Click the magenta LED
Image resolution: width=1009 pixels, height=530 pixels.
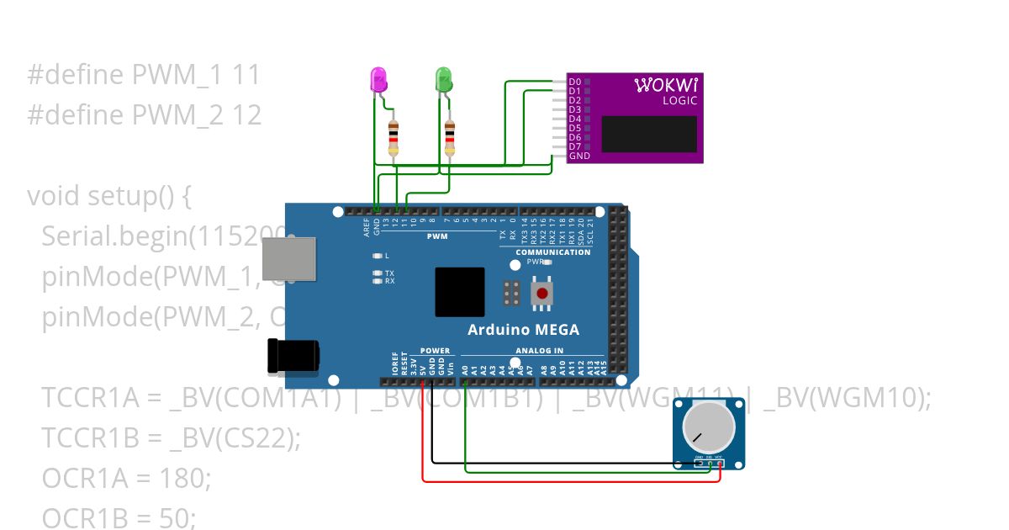click(379, 81)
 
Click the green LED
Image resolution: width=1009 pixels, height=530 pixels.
click(443, 81)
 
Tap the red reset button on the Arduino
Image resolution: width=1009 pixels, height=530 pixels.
click(543, 294)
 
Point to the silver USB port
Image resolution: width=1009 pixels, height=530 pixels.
click(289, 258)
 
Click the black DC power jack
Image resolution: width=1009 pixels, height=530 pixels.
click(292, 356)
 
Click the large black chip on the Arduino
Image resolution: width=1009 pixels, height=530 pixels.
click(459, 292)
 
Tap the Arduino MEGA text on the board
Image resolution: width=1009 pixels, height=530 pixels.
click(523, 330)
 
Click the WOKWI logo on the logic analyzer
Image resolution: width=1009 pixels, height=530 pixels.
click(665, 85)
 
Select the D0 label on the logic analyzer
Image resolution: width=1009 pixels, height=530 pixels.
click(574, 82)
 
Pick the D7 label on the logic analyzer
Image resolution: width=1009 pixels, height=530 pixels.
click(574, 146)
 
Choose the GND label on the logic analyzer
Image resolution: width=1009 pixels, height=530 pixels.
click(578, 156)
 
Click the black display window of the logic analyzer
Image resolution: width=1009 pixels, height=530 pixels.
click(649, 134)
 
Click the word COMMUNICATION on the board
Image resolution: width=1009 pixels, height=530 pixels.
click(552, 252)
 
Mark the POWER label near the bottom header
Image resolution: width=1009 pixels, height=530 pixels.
click(435, 351)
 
